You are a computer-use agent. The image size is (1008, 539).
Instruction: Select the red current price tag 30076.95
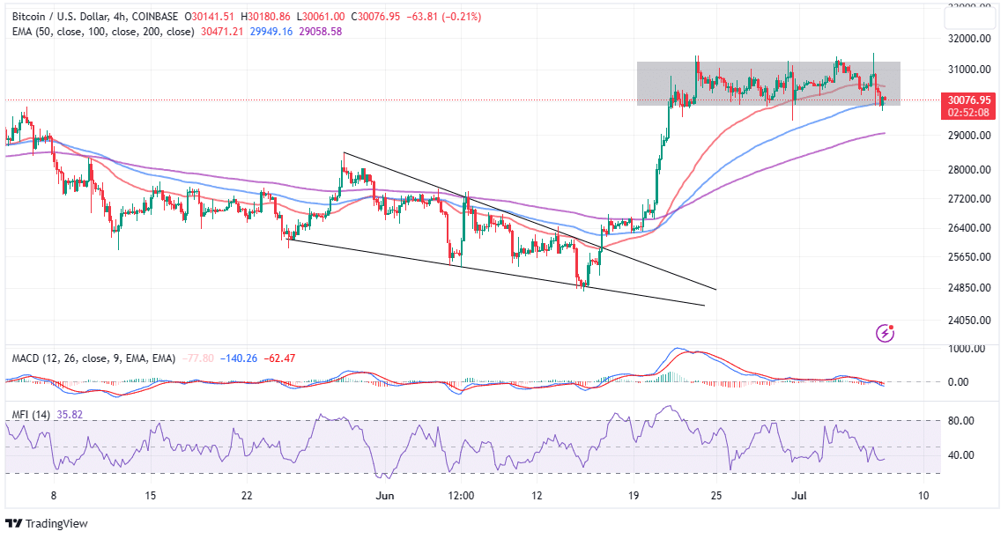[x=967, y=100]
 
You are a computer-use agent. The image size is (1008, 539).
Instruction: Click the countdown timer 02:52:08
[x=967, y=113]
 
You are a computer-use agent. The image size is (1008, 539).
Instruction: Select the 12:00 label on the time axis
[x=461, y=496]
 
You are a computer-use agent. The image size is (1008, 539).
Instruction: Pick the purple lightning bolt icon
[x=886, y=333]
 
